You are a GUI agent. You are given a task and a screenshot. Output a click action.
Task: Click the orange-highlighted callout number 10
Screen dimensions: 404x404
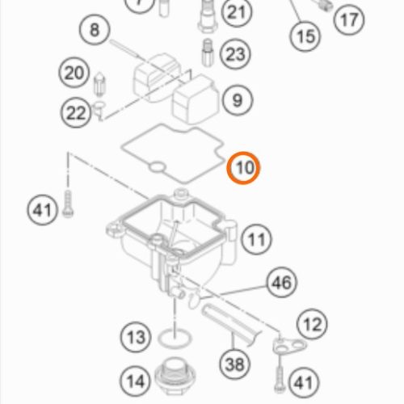pyautogui.click(x=243, y=168)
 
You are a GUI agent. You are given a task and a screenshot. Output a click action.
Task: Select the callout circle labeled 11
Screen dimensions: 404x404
pyautogui.click(x=256, y=239)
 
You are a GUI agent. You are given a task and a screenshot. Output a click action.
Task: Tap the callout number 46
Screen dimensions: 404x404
pyautogui.click(x=282, y=283)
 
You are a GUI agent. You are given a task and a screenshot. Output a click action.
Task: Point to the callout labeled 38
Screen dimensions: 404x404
pyautogui.click(x=235, y=364)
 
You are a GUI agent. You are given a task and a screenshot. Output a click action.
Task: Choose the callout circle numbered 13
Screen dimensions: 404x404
pyautogui.click(x=136, y=337)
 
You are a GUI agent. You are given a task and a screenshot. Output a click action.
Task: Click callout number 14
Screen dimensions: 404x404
pyautogui.click(x=136, y=381)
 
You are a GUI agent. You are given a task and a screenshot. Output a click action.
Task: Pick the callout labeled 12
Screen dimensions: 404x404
pyautogui.click(x=312, y=324)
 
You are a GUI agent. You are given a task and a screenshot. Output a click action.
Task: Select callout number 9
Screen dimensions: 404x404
pyautogui.click(x=238, y=100)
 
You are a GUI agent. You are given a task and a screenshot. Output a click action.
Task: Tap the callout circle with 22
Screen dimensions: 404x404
pyautogui.click(x=76, y=112)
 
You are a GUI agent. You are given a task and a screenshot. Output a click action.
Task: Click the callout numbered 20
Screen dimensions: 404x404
pyautogui.click(x=74, y=73)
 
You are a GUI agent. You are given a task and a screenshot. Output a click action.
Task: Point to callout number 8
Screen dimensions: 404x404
pyautogui.click(x=95, y=29)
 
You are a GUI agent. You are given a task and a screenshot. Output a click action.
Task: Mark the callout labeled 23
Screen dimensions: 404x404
pyautogui.click(x=235, y=54)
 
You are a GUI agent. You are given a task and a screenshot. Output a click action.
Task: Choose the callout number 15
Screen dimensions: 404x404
pyautogui.click(x=305, y=36)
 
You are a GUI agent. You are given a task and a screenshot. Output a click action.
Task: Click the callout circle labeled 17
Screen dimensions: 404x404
pyautogui.click(x=349, y=19)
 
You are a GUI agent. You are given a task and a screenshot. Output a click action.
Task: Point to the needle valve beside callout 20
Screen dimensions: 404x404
pyautogui.click(x=99, y=84)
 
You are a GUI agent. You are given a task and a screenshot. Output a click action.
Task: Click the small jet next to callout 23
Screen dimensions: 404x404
pyautogui.click(x=208, y=53)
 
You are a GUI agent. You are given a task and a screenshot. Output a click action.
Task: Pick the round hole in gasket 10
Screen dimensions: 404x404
pyautogui.click(x=157, y=167)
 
